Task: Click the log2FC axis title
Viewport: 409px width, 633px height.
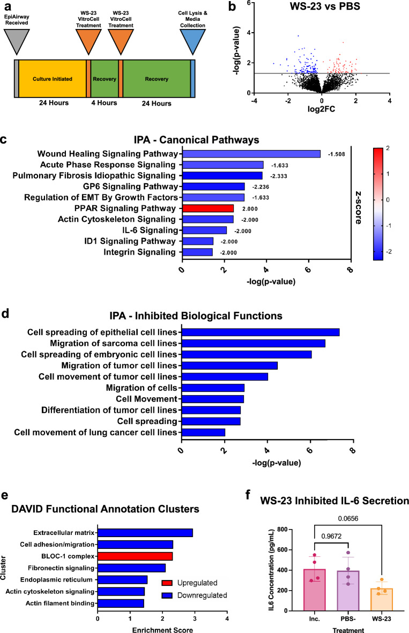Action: [x=321, y=111]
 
